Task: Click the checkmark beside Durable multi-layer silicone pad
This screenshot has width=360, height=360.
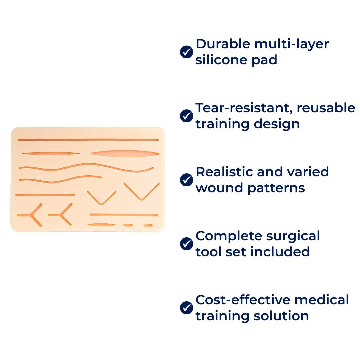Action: click(186, 52)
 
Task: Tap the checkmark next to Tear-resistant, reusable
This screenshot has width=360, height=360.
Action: click(186, 116)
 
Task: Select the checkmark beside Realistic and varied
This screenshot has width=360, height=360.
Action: click(186, 180)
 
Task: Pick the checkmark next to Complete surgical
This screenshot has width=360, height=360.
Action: click(186, 244)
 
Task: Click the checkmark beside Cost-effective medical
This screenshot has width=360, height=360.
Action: click(186, 308)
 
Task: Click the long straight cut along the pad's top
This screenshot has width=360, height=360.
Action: click(88, 140)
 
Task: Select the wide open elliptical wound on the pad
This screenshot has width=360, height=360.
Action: click(125, 153)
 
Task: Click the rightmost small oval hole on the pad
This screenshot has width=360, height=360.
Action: click(148, 226)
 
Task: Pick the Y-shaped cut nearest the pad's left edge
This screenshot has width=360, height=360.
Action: click(33, 215)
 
